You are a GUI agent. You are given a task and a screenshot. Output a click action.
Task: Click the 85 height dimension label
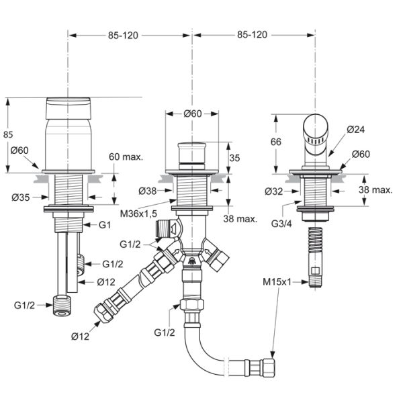pyautogui.click(x=8, y=134)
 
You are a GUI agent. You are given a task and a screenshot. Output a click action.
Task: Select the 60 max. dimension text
pyautogui.click(x=126, y=156)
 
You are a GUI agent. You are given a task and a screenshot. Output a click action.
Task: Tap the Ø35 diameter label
pyautogui.click(x=21, y=197)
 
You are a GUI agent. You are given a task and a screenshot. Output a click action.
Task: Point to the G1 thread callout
pyautogui.click(x=105, y=225)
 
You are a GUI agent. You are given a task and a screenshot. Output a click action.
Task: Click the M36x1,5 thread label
pyautogui.click(x=138, y=214)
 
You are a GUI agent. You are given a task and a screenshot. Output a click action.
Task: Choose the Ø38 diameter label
pyautogui.click(x=148, y=191)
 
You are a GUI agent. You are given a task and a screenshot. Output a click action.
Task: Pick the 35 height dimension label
pyautogui.click(x=234, y=158)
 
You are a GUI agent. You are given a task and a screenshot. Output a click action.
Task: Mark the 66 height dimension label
pyautogui.click(x=276, y=142)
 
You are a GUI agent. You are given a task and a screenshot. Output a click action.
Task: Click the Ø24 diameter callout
pyautogui.click(x=356, y=130)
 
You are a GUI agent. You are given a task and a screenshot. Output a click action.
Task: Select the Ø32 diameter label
pyautogui.click(x=274, y=191)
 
